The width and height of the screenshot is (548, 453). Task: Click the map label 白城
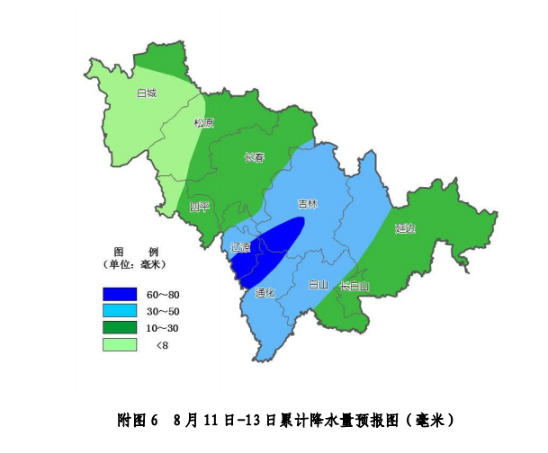point(146,93)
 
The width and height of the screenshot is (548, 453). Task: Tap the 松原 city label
point(204,123)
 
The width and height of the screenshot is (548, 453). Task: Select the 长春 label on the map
point(255,158)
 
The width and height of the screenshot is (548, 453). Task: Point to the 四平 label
point(199,207)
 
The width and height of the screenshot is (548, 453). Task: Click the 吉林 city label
point(308,204)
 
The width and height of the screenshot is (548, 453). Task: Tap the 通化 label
point(264,292)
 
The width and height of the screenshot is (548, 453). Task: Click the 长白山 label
point(355,286)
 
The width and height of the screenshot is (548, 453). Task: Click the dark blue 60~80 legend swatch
point(120,295)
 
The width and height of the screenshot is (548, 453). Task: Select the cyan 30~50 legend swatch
point(120,311)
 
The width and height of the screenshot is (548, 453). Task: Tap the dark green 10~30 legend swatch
point(120,327)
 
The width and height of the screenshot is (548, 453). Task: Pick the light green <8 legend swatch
point(120,344)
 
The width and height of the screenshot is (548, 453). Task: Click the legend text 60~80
point(163,295)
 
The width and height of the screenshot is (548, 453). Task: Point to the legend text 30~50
point(163,311)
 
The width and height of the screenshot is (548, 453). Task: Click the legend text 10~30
point(163,327)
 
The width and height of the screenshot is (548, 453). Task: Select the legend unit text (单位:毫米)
point(135,265)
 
